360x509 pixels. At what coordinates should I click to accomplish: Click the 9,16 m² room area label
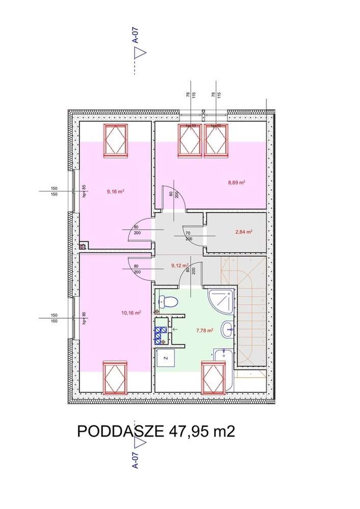pos(116,192)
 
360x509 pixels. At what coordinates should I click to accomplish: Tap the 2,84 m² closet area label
pos(244,231)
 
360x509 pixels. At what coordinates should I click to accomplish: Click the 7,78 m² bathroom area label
pos(204,330)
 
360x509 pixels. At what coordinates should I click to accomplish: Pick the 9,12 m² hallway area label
pos(179,265)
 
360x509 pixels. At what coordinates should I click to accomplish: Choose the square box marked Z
pos(165,359)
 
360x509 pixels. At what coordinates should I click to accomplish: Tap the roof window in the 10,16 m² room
pos(116,377)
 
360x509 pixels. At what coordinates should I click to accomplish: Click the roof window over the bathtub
pos(213,377)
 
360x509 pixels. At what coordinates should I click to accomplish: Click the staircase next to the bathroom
pos(247,310)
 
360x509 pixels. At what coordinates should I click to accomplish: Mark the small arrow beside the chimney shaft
pos(175,330)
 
